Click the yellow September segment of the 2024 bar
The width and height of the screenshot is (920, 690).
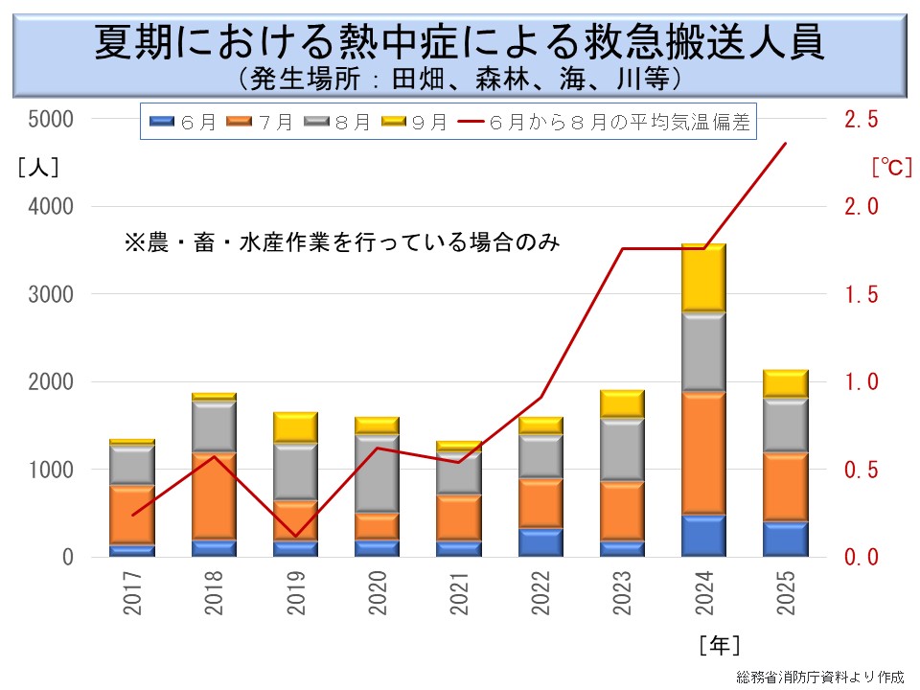pos(703,278)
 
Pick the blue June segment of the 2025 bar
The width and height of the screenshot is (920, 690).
pos(785,539)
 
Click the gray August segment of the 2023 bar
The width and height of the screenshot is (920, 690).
pos(622,449)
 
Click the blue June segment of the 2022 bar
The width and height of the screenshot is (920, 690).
pos(540,541)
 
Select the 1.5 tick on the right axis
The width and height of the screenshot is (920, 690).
pos(860,294)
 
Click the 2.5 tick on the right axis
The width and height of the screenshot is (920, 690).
pos(860,119)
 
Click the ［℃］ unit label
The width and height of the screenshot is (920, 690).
pos(887,167)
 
